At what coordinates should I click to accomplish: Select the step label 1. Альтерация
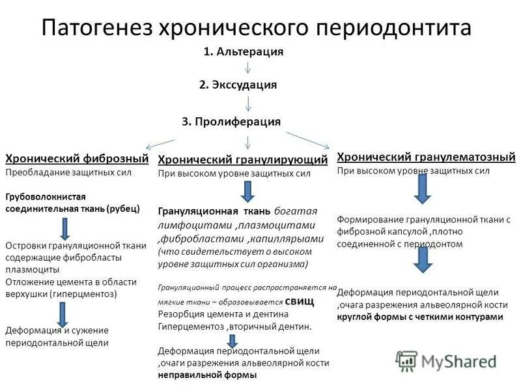coord(244,51)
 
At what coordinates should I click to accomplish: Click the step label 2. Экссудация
coord(238,85)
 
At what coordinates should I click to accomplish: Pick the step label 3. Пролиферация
coord(231,121)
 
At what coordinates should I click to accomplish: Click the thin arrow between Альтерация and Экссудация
coord(248,68)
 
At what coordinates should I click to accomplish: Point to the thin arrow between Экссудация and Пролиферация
coord(248,103)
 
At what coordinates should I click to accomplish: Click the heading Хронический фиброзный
coord(77,158)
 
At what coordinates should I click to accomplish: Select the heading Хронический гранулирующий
coord(243,160)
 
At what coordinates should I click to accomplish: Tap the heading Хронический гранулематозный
coord(426,156)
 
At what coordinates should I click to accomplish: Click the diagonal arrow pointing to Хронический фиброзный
coord(160,143)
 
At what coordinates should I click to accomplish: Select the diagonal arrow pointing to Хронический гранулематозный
coord(309,141)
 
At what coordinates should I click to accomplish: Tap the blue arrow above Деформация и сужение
coord(63,313)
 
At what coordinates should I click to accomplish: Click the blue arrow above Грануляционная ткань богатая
coord(247,191)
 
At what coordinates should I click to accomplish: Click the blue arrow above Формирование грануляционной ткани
coord(422,188)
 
